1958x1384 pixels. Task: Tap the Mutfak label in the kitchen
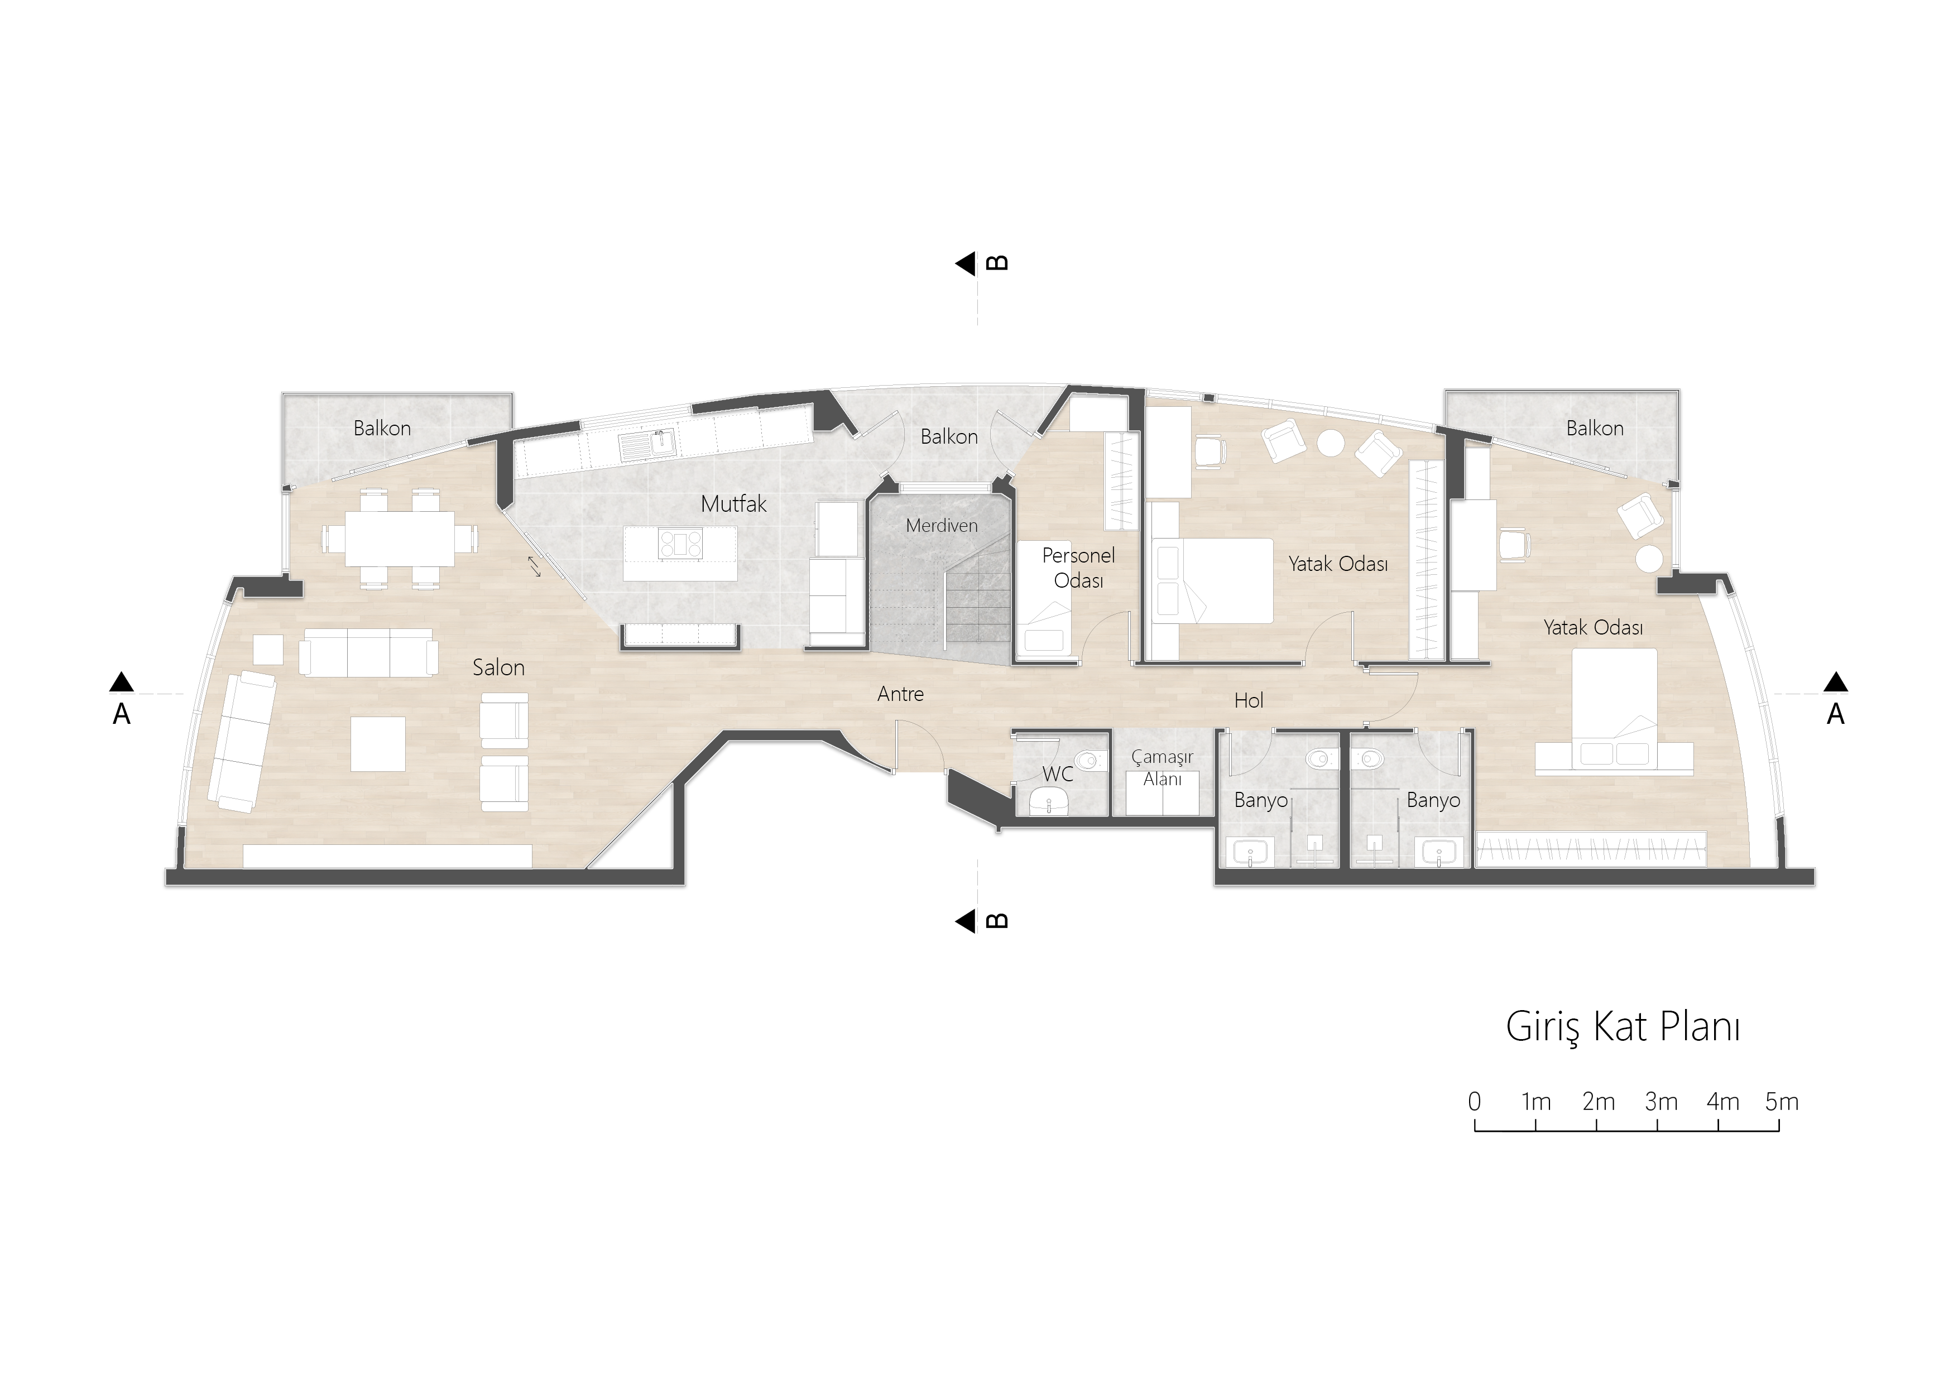[733, 503]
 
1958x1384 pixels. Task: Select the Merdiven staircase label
[942, 525]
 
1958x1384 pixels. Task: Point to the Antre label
[900, 694]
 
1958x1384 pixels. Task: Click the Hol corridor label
[1249, 700]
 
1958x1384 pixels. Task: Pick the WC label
[1058, 773]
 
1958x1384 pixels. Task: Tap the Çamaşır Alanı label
[1162, 767]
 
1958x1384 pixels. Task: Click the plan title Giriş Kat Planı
[1622, 1027]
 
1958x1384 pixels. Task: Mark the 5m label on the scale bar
[1782, 1102]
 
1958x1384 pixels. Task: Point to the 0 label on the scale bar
[1475, 1102]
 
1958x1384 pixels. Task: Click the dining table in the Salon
[399, 538]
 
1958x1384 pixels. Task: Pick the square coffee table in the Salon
[378, 743]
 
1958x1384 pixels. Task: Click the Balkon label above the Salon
[382, 428]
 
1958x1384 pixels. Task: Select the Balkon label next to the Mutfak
[949, 436]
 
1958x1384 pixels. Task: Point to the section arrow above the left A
[121, 681]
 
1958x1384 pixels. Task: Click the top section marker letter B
[996, 263]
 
